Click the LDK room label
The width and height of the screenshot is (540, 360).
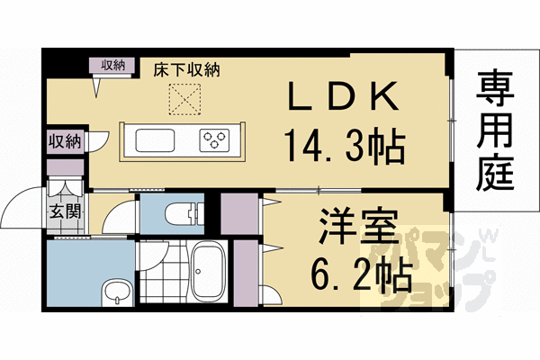343,96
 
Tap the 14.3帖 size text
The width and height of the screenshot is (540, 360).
344,145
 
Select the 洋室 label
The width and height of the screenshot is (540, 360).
359,225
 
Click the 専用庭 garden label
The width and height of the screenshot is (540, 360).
495,130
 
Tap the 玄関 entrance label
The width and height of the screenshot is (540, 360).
66,211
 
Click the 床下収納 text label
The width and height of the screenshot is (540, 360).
186,69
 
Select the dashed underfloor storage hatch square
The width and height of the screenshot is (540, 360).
184,99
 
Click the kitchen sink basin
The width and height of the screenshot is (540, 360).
155,140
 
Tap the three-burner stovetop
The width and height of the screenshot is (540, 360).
214,140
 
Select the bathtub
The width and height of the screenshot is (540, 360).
208,271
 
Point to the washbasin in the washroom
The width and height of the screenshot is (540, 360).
117,293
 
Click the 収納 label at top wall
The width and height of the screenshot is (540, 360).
113,65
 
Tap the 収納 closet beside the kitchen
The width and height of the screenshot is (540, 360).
65,141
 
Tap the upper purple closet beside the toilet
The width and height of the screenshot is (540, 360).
239,214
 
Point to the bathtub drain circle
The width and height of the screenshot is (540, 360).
198,271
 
